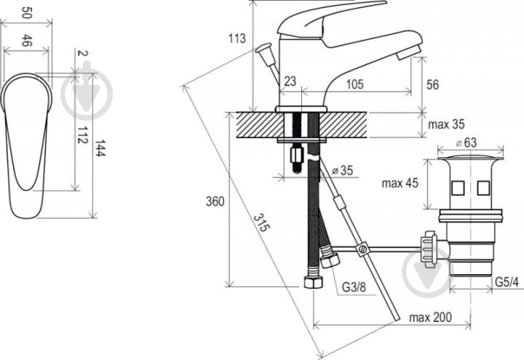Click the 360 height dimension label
[x=215, y=201]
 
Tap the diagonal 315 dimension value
[x=261, y=223]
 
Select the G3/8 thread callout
[x=354, y=287]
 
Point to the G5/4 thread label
[x=507, y=282]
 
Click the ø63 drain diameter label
[x=467, y=143]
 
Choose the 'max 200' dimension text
[x=430, y=317]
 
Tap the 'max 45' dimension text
[x=400, y=183]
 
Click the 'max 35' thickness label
[x=446, y=124]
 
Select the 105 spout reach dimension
[x=354, y=84]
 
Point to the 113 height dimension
[x=237, y=39]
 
